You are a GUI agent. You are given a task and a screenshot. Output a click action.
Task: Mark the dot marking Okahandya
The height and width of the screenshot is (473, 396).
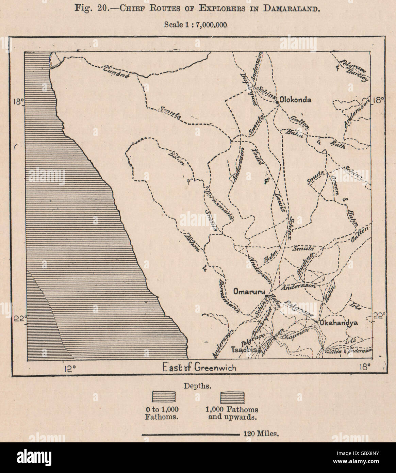click(x=317, y=322)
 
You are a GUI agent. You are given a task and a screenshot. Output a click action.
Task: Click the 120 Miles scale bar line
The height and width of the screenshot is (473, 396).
click(x=190, y=434)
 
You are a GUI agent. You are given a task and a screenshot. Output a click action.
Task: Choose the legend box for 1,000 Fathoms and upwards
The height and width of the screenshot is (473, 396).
click(x=232, y=397)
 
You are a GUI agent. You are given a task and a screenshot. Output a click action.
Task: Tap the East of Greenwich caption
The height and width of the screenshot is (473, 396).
click(x=199, y=368)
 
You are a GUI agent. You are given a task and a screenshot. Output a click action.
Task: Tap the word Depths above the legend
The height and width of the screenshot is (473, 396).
click(x=197, y=386)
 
